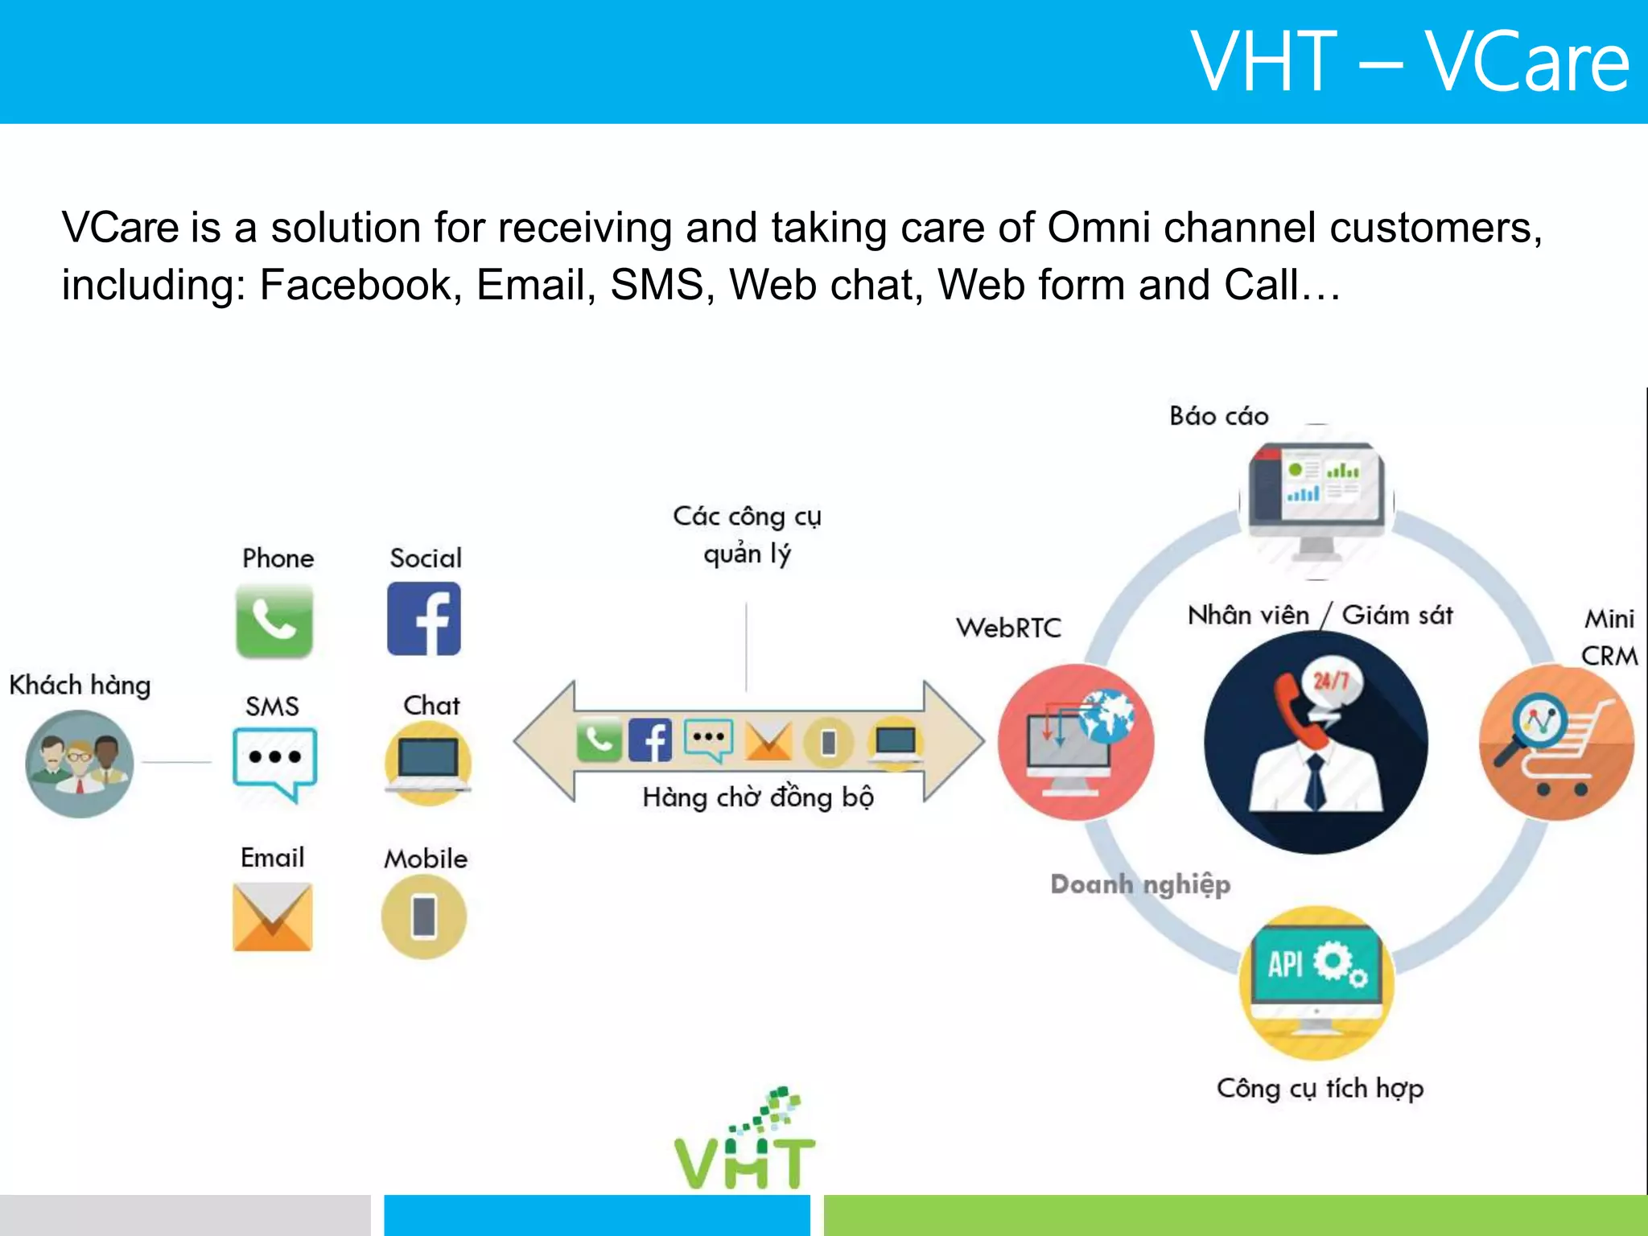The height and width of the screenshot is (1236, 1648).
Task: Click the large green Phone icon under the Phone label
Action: [x=274, y=620]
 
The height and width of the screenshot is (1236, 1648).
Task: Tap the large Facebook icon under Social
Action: [x=424, y=619]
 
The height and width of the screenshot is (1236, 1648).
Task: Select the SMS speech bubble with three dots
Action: [x=274, y=760]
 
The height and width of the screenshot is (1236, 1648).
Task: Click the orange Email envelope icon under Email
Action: [x=273, y=917]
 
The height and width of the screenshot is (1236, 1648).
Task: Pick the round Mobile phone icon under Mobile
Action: [x=424, y=917]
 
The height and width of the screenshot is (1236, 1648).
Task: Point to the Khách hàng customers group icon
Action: [x=80, y=764]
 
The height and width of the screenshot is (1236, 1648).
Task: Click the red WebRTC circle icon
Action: [x=1076, y=742]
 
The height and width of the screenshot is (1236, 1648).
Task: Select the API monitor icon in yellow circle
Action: [x=1316, y=983]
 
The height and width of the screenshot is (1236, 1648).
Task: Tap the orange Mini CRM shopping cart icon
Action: [x=1556, y=742]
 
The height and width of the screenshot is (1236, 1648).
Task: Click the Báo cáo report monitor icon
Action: [x=1316, y=501]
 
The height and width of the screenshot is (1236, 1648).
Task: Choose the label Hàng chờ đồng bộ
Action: [x=757, y=797]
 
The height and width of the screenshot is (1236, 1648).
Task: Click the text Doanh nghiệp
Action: [x=1140, y=884]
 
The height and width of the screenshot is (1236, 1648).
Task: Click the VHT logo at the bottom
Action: [x=745, y=1143]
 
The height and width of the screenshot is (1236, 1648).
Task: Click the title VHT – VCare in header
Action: [x=1410, y=62]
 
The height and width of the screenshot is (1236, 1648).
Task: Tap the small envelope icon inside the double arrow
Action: [x=768, y=740]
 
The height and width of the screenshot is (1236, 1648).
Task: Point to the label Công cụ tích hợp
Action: [x=1320, y=1089]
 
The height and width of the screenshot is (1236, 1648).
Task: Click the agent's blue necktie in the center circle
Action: [x=1315, y=781]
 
